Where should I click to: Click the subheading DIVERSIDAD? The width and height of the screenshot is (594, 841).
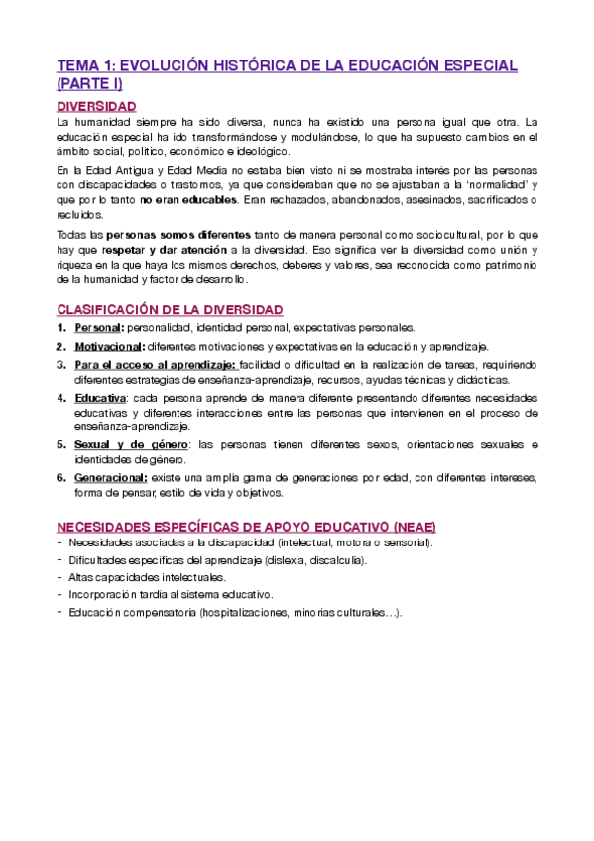[97, 106]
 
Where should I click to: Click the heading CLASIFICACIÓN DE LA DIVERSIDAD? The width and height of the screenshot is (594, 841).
[170, 310]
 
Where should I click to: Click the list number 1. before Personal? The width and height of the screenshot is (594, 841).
[62, 328]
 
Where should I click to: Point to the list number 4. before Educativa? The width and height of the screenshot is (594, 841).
[62, 398]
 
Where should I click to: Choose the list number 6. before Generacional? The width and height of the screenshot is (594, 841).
[62, 478]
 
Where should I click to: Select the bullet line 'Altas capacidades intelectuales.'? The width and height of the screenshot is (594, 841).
[134, 577]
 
